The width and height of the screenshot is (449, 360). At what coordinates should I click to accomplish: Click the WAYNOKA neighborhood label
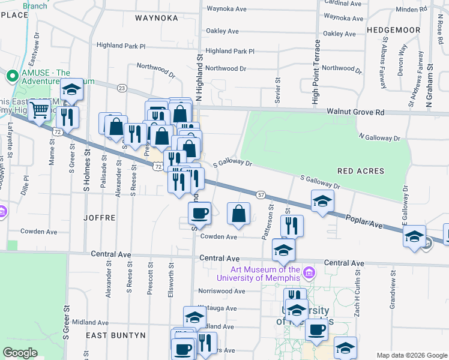pyautogui.click(x=157, y=18)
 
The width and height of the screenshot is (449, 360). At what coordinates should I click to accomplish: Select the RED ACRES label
pyautogui.click(x=360, y=171)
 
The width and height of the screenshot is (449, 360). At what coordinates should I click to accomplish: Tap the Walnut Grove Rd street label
pyautogui.click(x=355, y=112)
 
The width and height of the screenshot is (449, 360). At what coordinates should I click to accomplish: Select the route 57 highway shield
pyautogui.click(x=261, y=195)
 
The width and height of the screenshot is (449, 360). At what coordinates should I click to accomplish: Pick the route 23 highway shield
pyautogui.click(x=122, y=88)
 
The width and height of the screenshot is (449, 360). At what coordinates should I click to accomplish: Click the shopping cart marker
pyautogui.click(x=40, y=110)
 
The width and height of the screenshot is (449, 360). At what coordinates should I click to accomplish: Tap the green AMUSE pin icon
pyautogui.click(x=11, y=76)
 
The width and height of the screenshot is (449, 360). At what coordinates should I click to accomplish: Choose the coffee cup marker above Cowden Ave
pyautogui.click(x=200, y=212)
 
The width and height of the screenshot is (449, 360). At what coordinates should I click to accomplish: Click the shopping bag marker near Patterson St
pyautogui.click(x=239, y=213)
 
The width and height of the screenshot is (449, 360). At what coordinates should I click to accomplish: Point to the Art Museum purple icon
pyautogui.click(x=309, y=273)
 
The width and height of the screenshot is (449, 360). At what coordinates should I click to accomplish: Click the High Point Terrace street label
pyautogui.click(x=315, y=73)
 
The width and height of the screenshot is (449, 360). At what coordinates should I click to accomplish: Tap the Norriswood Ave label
pyautogui.click(x=223, y=291)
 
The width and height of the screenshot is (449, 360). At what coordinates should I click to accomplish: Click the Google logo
pyautogui.click(x=20, y=353)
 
